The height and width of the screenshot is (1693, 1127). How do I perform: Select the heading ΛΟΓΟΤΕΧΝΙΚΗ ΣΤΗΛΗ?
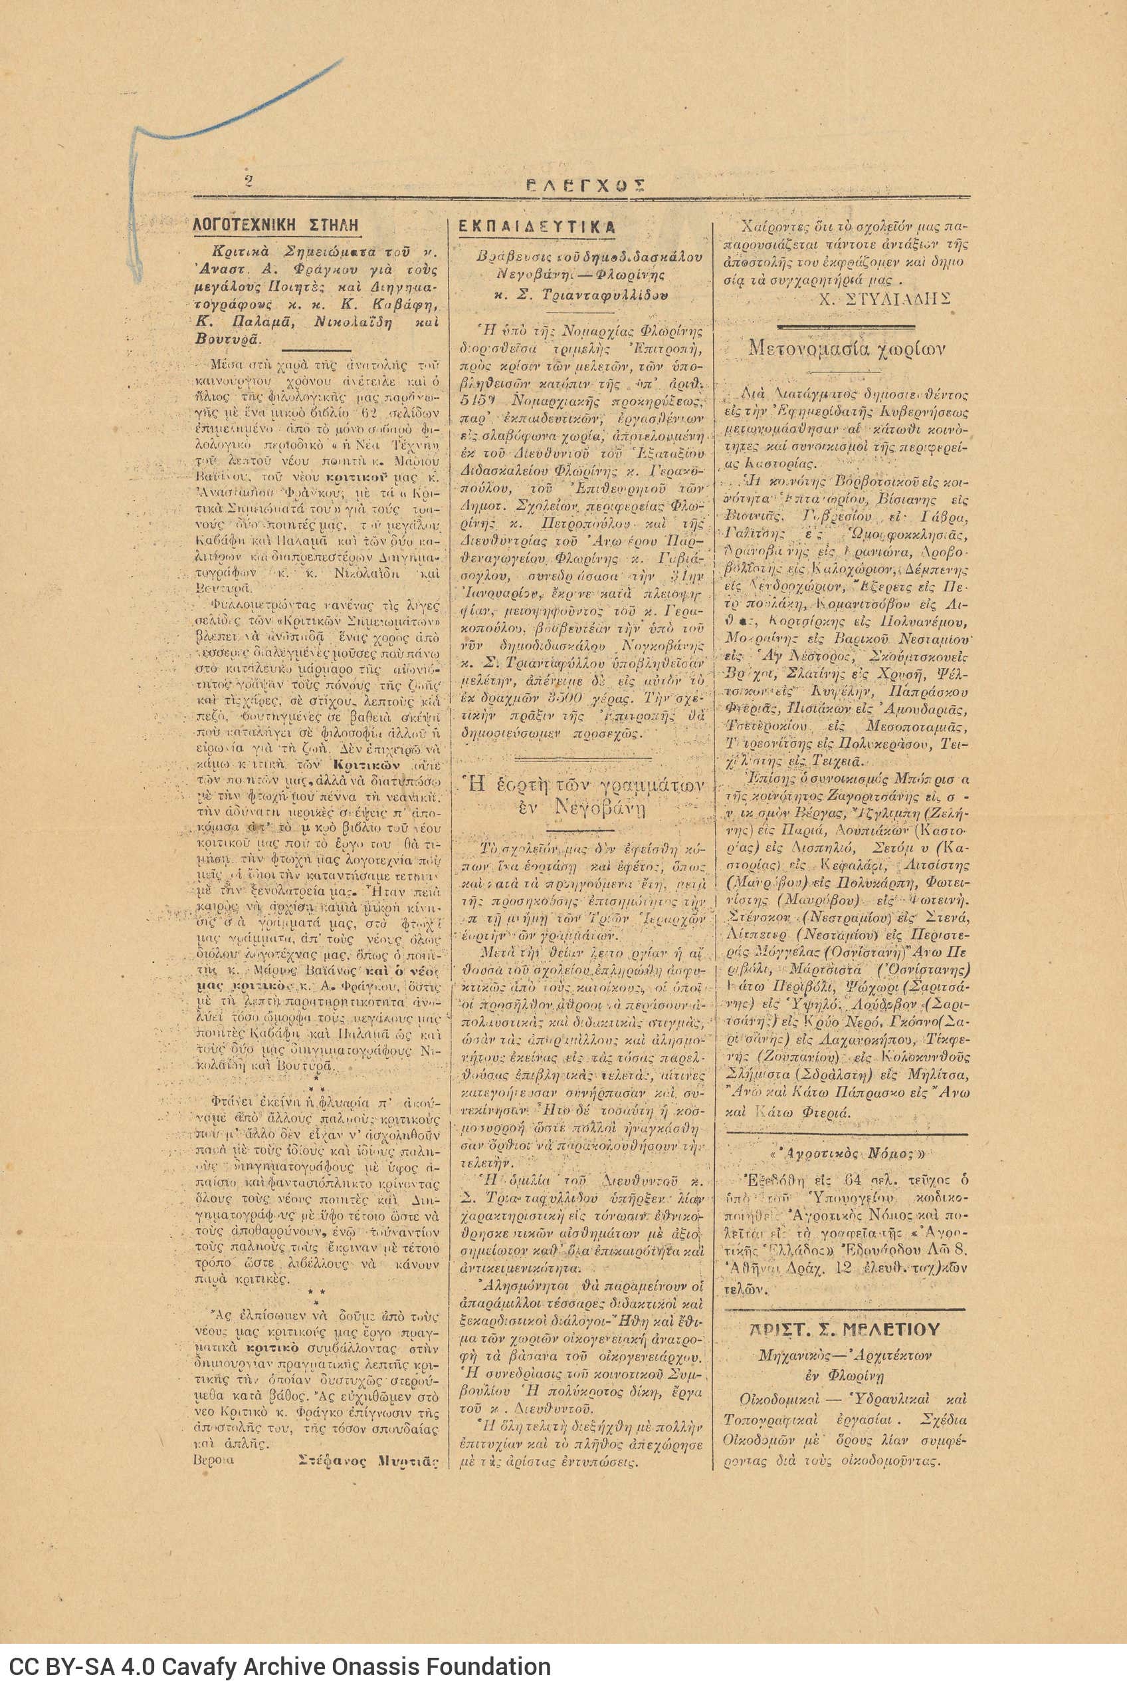click(276, 224)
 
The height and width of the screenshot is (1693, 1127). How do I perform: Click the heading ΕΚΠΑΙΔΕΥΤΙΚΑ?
click(536, 226)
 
